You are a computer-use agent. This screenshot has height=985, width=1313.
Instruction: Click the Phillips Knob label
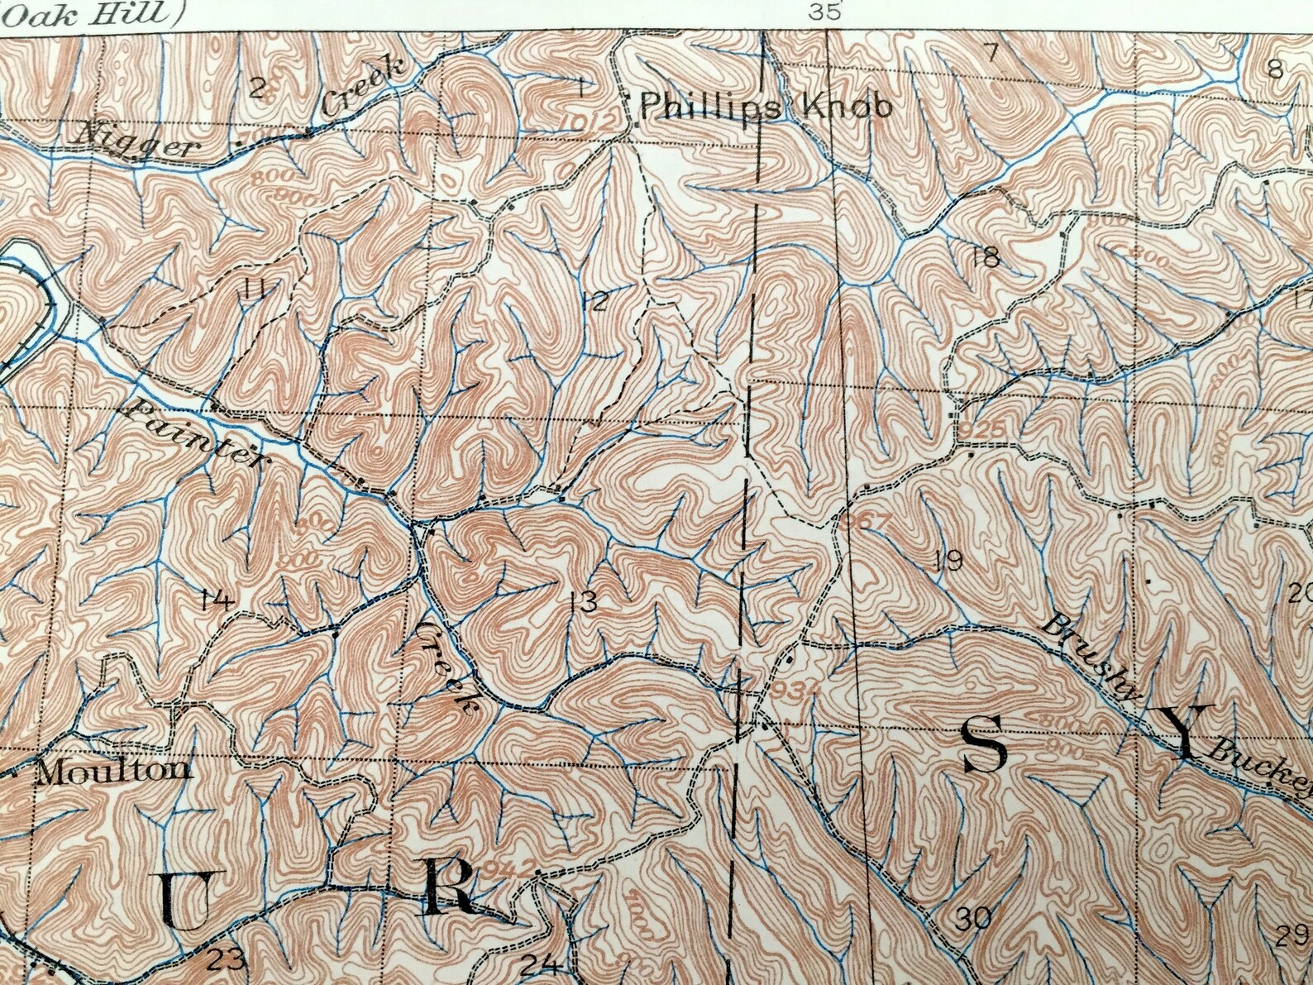(766, 107)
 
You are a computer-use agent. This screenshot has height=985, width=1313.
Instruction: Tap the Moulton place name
(115, 771)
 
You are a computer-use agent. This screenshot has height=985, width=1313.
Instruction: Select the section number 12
(594, 301)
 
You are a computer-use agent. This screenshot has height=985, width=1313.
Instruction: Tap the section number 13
(583, 601)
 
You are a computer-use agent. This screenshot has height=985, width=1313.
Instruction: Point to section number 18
(986, 257)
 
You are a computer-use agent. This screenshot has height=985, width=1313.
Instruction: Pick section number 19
(948, 561)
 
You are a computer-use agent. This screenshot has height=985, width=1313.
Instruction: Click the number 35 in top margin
(825, 11)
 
